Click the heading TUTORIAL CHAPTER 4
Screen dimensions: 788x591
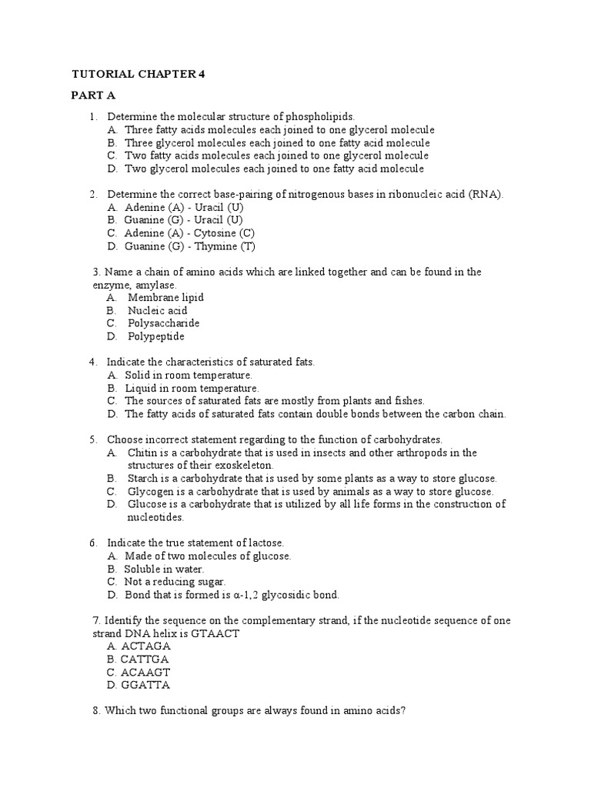[139, 75]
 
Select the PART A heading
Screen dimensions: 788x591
[93, 95]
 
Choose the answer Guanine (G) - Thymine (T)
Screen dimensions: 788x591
[190, 246]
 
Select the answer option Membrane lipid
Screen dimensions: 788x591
[165, 297]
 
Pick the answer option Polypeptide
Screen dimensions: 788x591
[156, 336]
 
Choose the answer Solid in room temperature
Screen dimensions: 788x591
[189, 375]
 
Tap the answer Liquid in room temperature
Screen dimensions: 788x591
[192, 388]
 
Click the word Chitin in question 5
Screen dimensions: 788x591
[142, 452]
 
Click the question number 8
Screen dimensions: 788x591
[96, 711]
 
